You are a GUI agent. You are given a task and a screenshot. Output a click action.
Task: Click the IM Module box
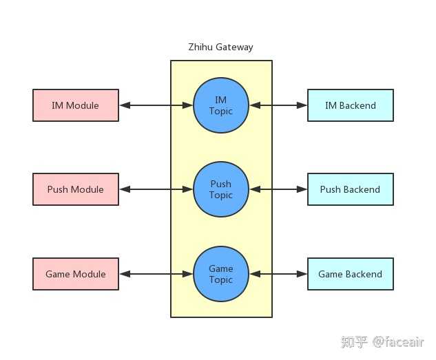[76, 105]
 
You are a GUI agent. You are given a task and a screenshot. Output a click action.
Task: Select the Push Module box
[76, 189]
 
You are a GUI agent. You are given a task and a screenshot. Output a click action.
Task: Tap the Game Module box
[76, 274]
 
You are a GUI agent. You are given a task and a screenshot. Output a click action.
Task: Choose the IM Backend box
[350, 105]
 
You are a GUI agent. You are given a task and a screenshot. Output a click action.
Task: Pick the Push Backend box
[350, 189]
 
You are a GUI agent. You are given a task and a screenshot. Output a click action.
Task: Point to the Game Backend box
[350, 274]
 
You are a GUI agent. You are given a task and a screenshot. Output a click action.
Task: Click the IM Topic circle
[221, 105]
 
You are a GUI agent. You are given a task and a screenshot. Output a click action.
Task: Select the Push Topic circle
[221, 189]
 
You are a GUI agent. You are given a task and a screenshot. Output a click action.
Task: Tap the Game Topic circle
[221, 274]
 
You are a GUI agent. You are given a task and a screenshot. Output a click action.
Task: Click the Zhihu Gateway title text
[220, 47]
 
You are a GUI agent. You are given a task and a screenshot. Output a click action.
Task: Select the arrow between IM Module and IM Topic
[156, 105]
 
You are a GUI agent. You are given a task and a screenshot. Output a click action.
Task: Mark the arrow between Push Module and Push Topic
[156, 189]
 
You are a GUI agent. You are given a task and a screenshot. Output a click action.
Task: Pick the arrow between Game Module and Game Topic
[156, 274]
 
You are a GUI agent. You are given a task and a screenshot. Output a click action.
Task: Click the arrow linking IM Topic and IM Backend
[278, 105]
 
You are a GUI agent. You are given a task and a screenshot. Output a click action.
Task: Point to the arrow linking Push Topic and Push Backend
[278, 189]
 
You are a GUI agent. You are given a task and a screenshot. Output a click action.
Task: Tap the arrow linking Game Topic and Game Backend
[278, 274]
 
